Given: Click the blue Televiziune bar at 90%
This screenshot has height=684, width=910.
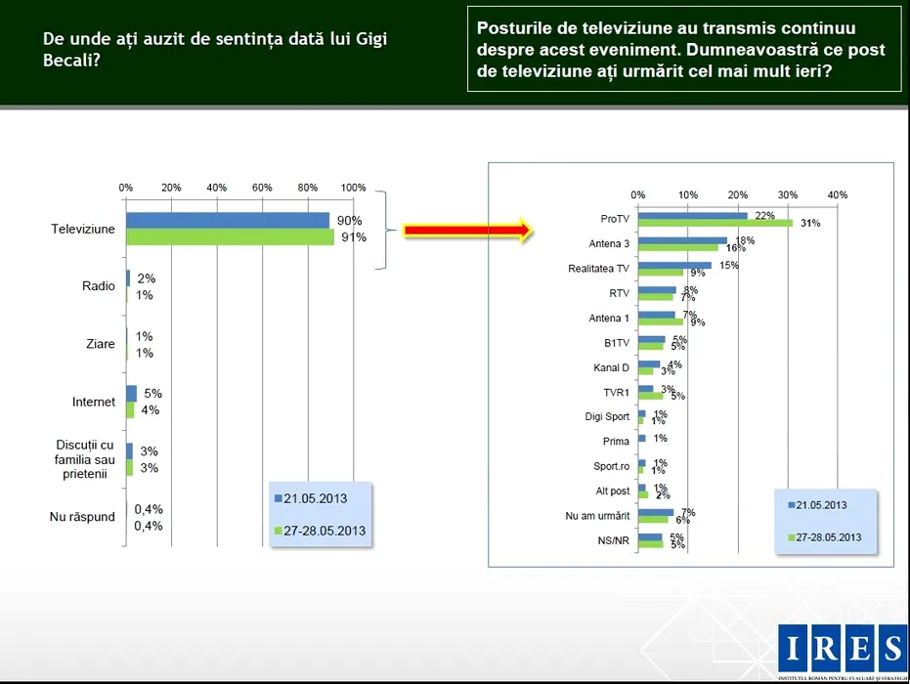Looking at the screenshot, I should pos(227,221).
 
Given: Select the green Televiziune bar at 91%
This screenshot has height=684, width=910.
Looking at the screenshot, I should pos(230,236).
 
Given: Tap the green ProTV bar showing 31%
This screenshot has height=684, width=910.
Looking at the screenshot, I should pos(715,223).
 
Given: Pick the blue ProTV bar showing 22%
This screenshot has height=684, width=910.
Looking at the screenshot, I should pos(692,215).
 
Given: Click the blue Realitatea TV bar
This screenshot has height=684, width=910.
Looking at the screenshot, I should pos(674,265).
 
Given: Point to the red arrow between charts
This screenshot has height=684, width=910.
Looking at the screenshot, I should pos(467,231).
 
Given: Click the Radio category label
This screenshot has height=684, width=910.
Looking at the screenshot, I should pos(99,286).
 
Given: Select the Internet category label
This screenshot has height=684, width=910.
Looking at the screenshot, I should pos(94,402).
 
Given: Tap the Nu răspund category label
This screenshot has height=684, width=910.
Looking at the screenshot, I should pos(82,517).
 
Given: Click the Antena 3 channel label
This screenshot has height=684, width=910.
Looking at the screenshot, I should pos(609,243).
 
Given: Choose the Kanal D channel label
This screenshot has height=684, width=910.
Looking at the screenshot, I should pos(611,367).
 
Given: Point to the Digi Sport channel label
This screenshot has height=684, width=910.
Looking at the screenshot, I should pos(606,417).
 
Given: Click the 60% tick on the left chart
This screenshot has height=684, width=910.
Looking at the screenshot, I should pos(262,188).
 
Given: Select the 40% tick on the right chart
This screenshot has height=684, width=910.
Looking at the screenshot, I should pos(838,194).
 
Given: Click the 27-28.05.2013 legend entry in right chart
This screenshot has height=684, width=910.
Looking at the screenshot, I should pos(826,536).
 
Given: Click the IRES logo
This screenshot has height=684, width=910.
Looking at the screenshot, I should pos(842,648).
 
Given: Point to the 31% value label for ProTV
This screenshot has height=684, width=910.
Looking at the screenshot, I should pos(810,224).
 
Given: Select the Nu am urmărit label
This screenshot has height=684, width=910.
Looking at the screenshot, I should pos(597,516).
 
